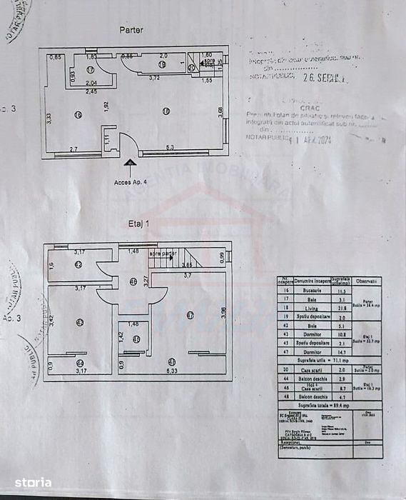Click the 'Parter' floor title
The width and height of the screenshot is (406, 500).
[131, 30]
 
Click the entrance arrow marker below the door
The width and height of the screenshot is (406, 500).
[131, 164]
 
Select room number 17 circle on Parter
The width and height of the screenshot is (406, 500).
[90, 69]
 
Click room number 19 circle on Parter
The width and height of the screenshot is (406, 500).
[161, 64]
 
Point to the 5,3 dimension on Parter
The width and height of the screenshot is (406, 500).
[170, 148]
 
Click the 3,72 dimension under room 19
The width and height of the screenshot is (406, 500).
[154, 77]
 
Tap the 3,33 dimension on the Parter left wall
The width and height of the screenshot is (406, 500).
[49, 119]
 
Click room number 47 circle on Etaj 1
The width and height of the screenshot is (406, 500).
[190, 314]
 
